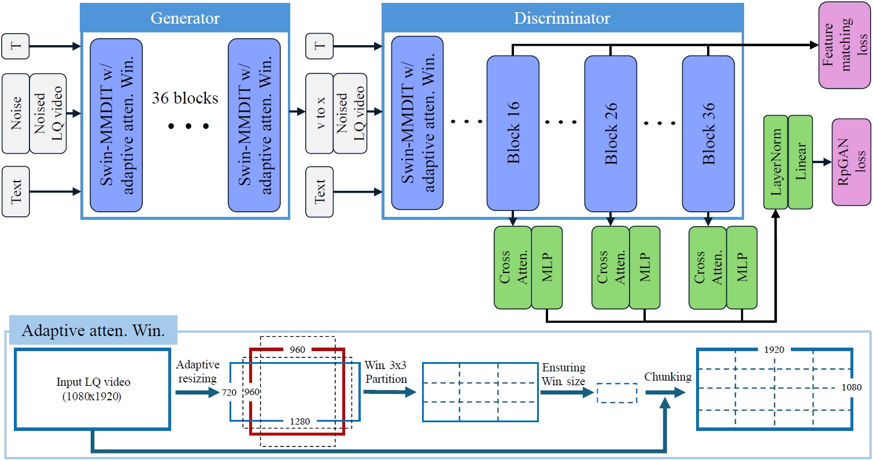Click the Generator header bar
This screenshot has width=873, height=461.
pos(185,18)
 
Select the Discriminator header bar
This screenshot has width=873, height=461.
pos(562,18)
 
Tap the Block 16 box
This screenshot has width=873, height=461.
pos(512,133)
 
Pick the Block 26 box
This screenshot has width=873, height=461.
pos(610,133)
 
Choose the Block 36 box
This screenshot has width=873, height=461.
pos(708,133)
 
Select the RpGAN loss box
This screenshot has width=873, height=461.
pos(851,162)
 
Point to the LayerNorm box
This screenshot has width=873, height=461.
pos(775,162)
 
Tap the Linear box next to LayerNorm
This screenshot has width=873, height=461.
pos(800,162)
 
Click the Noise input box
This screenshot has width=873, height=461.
pos(16,112)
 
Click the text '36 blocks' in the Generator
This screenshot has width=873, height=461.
pos(185,98)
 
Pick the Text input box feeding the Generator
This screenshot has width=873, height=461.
pos(16,191)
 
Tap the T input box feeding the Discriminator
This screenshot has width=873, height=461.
pos(320,46)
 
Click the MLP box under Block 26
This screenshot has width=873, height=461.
pos(645,267)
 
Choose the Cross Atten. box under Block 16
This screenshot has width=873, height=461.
pos(512,267)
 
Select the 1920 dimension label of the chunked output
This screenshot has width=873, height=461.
pos(774,351)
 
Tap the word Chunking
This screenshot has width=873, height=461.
pos(668,377)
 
